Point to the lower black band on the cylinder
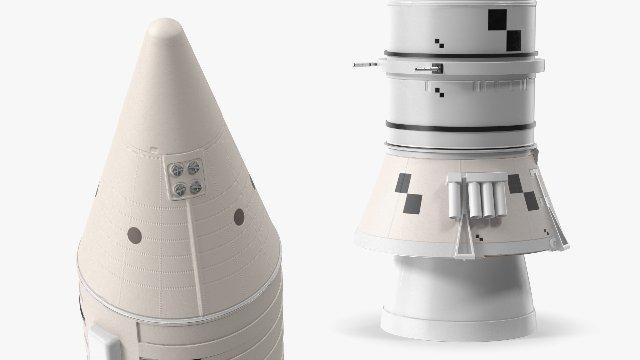coord(460,126)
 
